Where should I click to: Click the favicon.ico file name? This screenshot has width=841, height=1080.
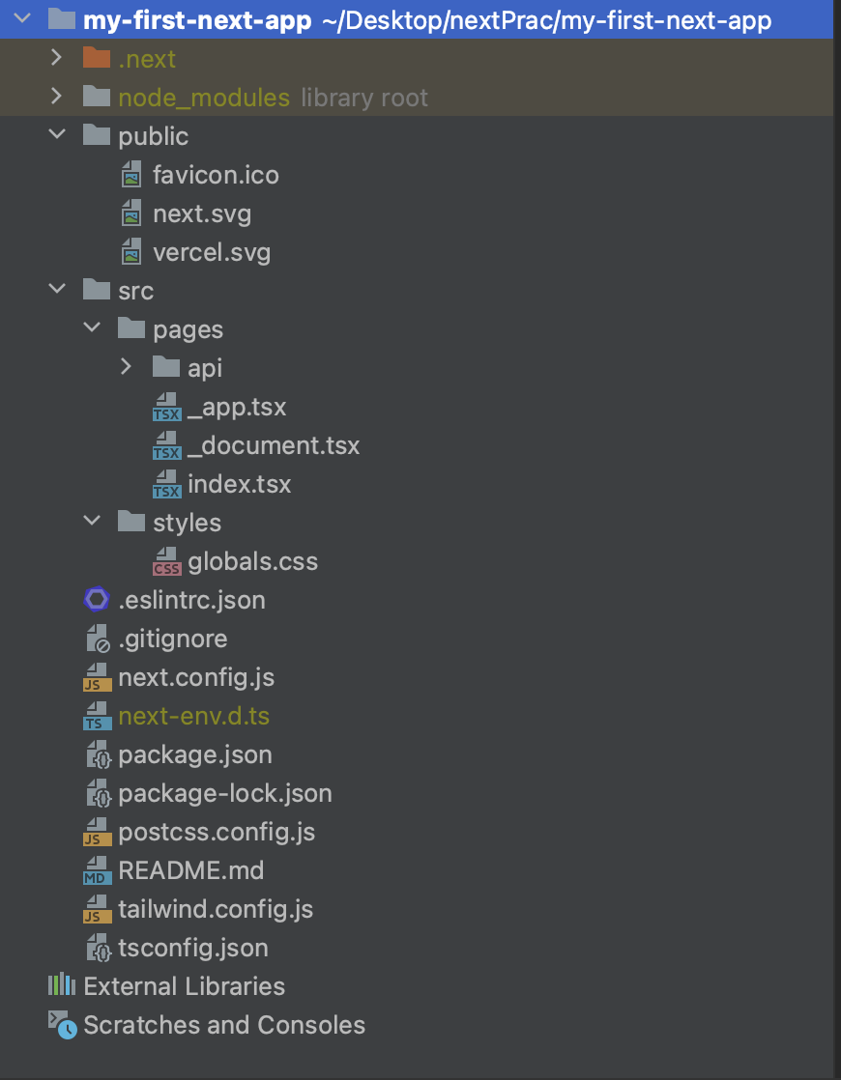(x=216, y=175)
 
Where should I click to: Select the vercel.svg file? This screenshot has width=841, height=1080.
(x=211, y=252)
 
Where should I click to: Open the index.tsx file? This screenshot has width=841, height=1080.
(x=239, y=484)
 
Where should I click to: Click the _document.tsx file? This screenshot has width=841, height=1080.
(x=274, y=445)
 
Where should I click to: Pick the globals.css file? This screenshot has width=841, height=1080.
(x=252, y=561)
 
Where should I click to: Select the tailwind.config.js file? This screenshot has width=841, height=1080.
(x=216, y=909)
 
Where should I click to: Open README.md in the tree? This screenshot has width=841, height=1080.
(x=190, y=870)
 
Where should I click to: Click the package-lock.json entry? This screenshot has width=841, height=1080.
(x=224, y=793)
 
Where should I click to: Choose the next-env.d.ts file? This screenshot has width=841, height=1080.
(x=193, y=716)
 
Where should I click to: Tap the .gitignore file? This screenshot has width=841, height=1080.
(x=173, y=639)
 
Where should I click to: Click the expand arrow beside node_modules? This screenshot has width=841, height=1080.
(x=56, y=97)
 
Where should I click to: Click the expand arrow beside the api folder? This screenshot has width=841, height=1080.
(x=126, y=367)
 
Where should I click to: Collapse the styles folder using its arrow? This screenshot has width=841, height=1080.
(x=92, y=522)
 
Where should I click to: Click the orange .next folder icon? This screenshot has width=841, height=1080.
(x=97, y=59)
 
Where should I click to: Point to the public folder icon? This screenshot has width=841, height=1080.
(x=97, y=136)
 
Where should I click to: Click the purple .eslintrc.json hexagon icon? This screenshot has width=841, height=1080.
(x=97, y=600)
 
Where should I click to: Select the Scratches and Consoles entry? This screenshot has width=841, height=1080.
(x=224, y=1025)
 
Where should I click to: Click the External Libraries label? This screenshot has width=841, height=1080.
(x=184, y=986)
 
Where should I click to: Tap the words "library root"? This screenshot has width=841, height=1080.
(x=364, y=98)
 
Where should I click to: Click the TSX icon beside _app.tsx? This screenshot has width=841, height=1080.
(x=166, y=407)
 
